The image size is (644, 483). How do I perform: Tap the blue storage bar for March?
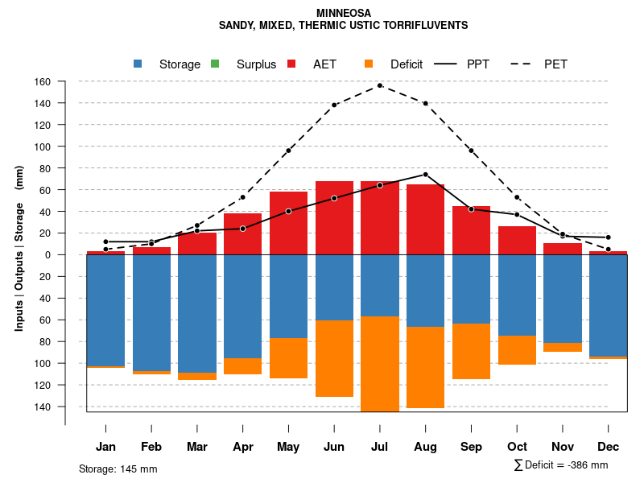(x=197, y=313)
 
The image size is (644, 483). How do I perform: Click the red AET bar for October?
(x=517, y=240)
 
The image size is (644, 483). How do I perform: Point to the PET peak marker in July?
(x=380, y=85)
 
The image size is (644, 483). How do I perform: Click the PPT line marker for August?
(x=425, y=174)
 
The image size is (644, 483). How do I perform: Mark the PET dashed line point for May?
(x=288, y=151)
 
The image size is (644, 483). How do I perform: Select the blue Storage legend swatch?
(x=138, y=64)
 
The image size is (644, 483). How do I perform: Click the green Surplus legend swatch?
(x=215, y=64)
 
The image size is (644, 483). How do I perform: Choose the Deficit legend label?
(x=407, y=64)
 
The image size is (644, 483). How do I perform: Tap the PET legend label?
(x=555, y=64)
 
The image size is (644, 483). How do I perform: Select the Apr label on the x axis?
(x=242, y=447)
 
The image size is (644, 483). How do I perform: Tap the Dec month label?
(x=608, y=447)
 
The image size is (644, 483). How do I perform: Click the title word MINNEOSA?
(x=344, y=14)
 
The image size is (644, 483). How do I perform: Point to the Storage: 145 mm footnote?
(x=118, y=469)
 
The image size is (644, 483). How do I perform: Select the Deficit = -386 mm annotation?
(x=561, y=465)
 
